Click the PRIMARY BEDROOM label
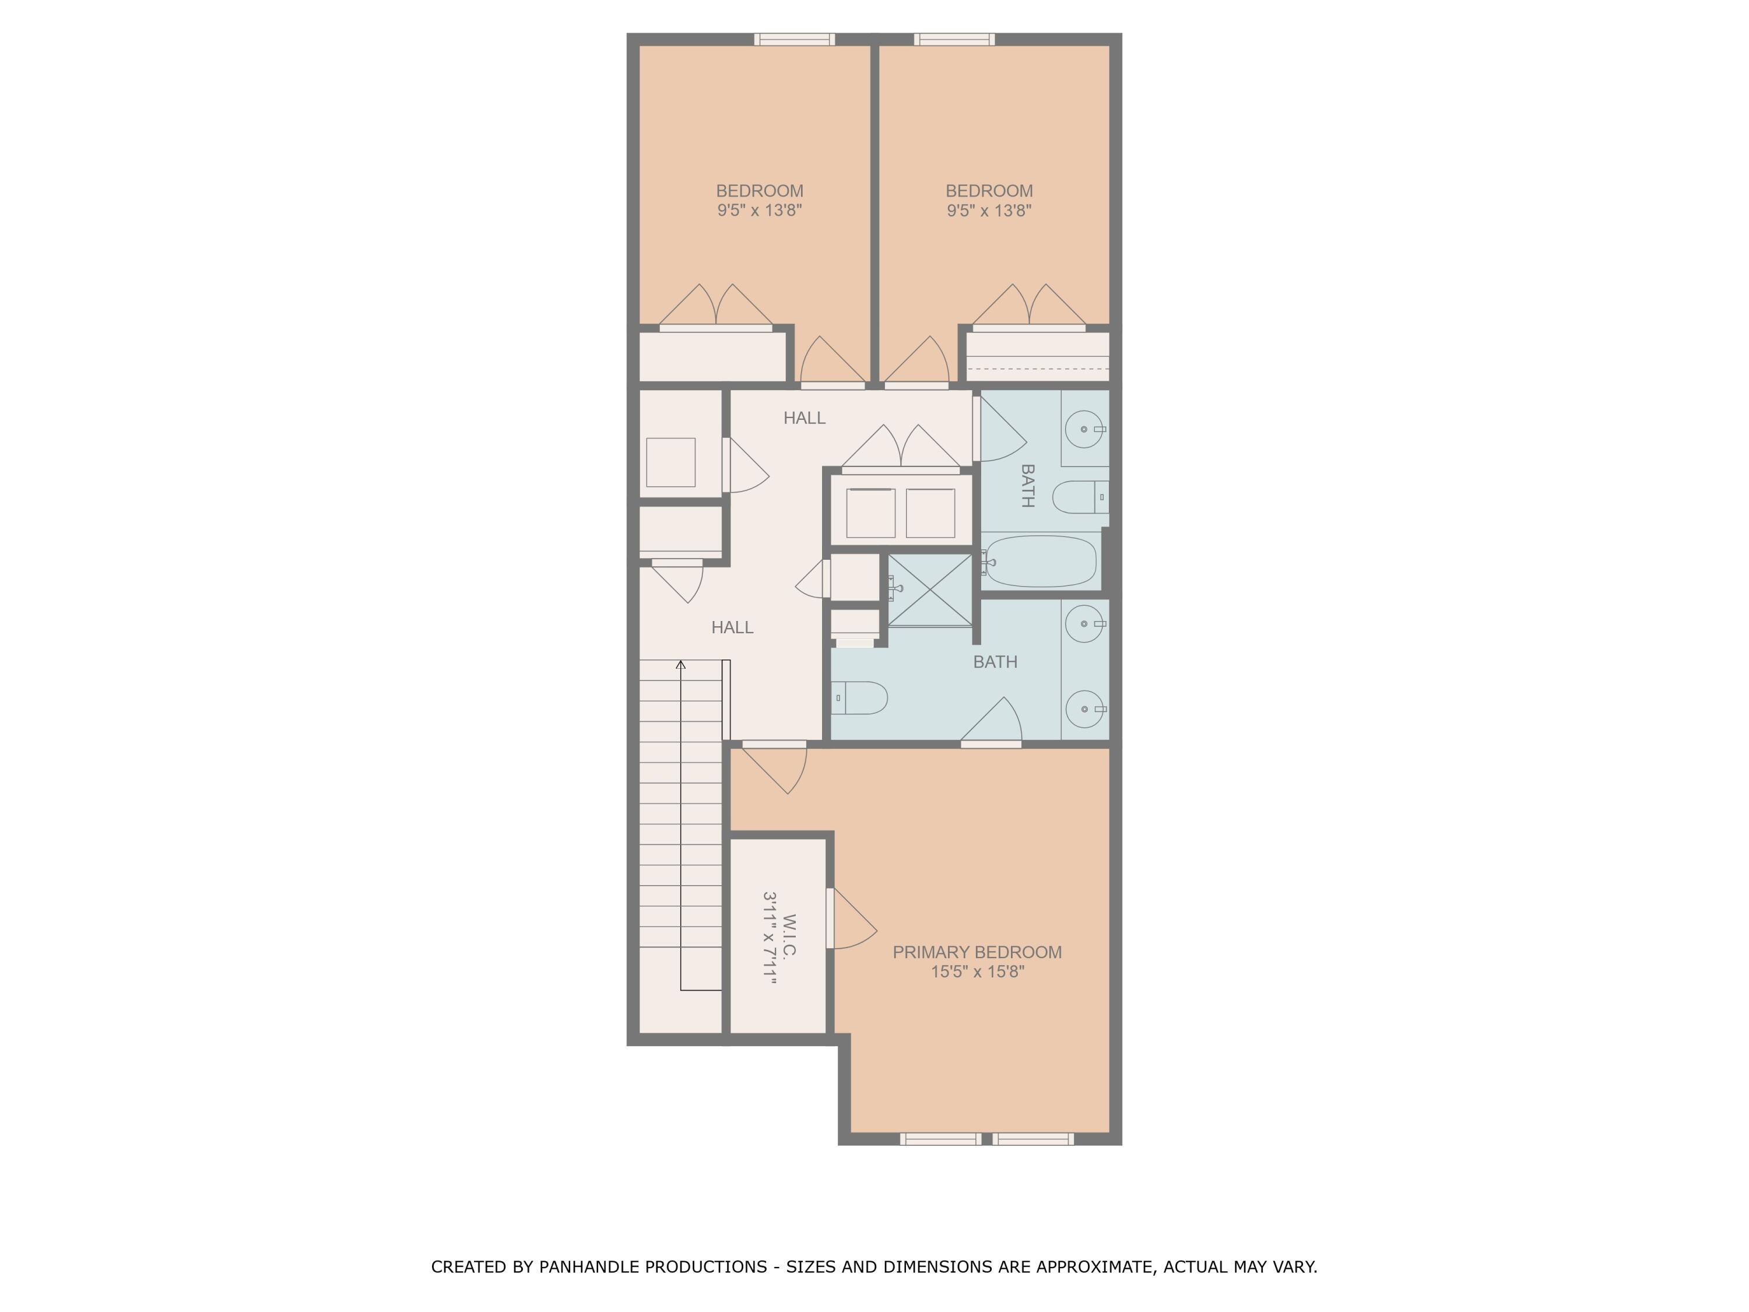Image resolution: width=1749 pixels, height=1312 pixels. [x=977, y=952]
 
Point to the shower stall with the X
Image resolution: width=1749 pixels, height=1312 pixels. [x=930, y=590]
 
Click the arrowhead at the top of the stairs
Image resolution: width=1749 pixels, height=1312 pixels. [x=681, y=664]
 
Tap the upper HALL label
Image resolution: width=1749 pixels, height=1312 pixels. [x=804, y=418]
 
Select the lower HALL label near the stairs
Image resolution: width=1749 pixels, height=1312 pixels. [x=732, y=627]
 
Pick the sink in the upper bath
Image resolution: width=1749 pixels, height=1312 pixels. [x=1084, y=429]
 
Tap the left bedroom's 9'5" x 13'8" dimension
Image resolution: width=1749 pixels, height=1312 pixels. [x=759, y=211]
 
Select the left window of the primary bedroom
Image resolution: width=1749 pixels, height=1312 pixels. [x=940, y=1139]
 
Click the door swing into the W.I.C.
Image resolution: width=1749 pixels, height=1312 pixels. [x=852, y=919]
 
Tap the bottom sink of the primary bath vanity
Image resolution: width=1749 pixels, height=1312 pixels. [x=1084, y=708]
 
